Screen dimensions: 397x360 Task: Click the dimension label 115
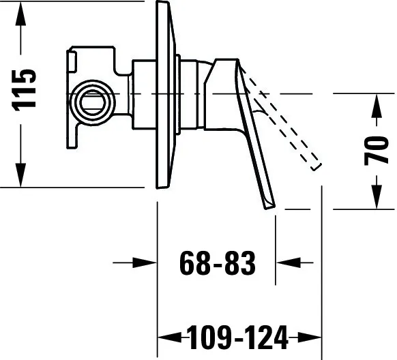point(24,90)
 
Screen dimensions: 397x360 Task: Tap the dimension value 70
point(376,151)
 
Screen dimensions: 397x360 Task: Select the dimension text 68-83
point(218,263)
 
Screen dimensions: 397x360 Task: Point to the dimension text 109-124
point(238,337)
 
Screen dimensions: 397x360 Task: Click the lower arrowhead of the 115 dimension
point(20,175)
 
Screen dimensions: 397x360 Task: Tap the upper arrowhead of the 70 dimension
point(377,106)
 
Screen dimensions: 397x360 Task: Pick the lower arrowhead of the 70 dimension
point(377,197)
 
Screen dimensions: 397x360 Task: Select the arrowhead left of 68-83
point(145,263)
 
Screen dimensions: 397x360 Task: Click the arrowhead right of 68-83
point(288,263)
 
